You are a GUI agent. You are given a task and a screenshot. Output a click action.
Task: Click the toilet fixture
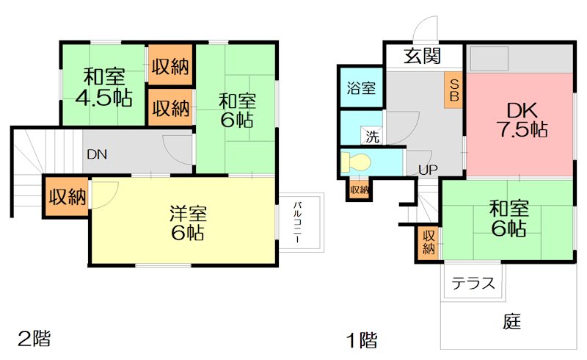356,162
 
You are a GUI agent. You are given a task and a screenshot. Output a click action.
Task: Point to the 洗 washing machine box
373,136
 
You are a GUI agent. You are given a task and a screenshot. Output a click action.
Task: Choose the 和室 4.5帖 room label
103,87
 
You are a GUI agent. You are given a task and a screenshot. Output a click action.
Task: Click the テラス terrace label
473,283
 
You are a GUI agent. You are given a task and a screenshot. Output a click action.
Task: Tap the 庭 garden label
512,321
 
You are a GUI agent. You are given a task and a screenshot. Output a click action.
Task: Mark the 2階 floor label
34,339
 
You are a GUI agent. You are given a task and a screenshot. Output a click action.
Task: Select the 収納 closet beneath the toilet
359,189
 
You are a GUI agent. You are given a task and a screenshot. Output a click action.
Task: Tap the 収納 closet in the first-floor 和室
429,243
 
